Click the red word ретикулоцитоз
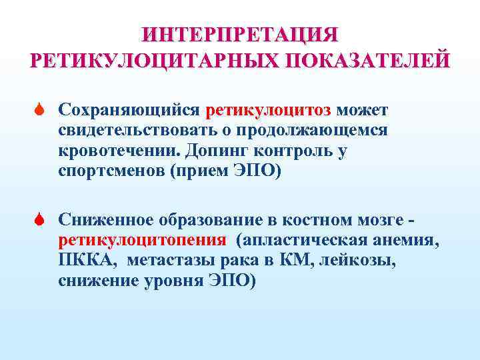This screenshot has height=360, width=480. pyautogui.click(x=272, y=109)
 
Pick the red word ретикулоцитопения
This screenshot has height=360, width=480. pyautogui.click(x=143, y=239)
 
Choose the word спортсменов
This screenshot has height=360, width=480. pyautogui.click(x=112, y=171)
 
